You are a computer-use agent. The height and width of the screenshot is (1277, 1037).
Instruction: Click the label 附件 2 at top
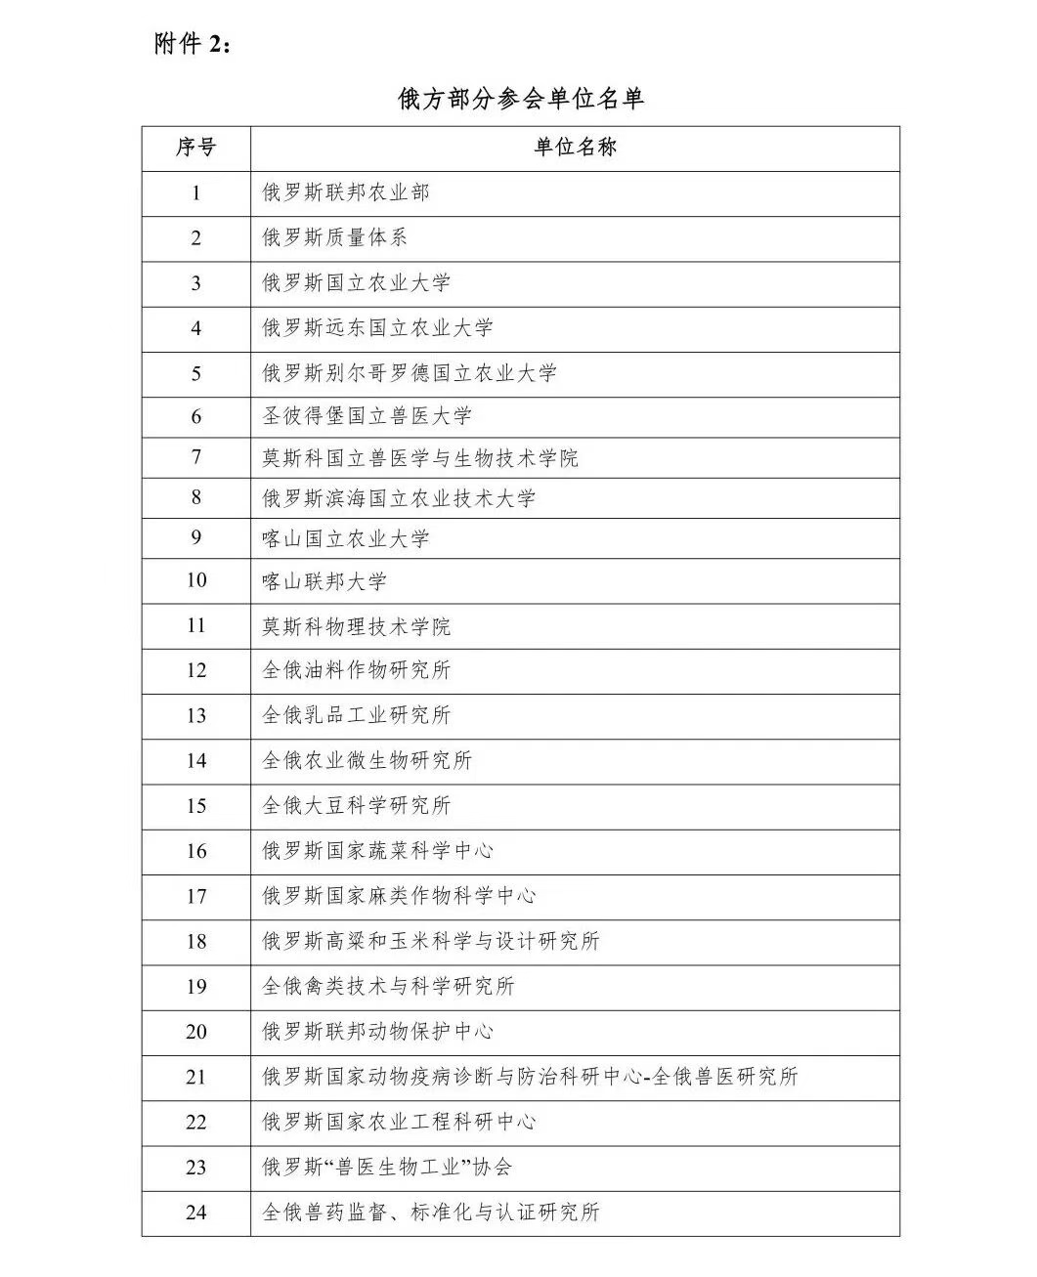click(194, 44)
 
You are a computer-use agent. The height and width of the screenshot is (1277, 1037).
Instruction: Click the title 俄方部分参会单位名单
click(521, 99)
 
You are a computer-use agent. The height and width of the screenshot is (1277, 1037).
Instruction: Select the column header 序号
click(195, 148)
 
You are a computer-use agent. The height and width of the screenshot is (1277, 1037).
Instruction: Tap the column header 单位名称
click(575, 148)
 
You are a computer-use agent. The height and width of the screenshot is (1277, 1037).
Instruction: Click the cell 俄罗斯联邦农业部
click(346, 192)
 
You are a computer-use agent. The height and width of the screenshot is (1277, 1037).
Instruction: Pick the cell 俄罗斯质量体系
click(335, 237)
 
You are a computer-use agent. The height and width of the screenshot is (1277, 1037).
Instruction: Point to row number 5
click(195, 373)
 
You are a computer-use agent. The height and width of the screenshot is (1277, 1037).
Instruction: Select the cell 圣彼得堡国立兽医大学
click(367, 416)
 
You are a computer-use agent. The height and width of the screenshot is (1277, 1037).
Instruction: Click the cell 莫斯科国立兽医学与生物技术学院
click(420, 457)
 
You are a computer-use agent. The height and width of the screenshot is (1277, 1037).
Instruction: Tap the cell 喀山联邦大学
click(324, 581)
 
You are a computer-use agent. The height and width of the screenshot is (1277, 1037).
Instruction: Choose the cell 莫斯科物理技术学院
click(357, 626)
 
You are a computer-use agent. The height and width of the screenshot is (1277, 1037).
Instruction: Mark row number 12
click(195, 670)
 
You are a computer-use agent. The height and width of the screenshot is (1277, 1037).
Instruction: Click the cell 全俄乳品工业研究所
click(357, 715)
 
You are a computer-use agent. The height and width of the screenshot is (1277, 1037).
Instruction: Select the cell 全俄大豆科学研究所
click(357, 806)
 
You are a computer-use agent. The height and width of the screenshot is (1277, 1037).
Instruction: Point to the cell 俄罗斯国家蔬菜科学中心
click(378, 851)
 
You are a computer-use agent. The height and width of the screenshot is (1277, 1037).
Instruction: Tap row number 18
click(195, 941)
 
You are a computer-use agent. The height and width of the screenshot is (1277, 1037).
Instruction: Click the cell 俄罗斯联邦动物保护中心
click(378, 1032)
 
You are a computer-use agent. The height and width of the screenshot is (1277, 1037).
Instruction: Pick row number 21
click(195, 1077)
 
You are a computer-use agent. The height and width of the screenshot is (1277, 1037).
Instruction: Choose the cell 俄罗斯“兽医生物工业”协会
click(387, 1167)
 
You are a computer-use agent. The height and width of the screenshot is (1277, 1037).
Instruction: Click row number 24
click(195, 1213)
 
